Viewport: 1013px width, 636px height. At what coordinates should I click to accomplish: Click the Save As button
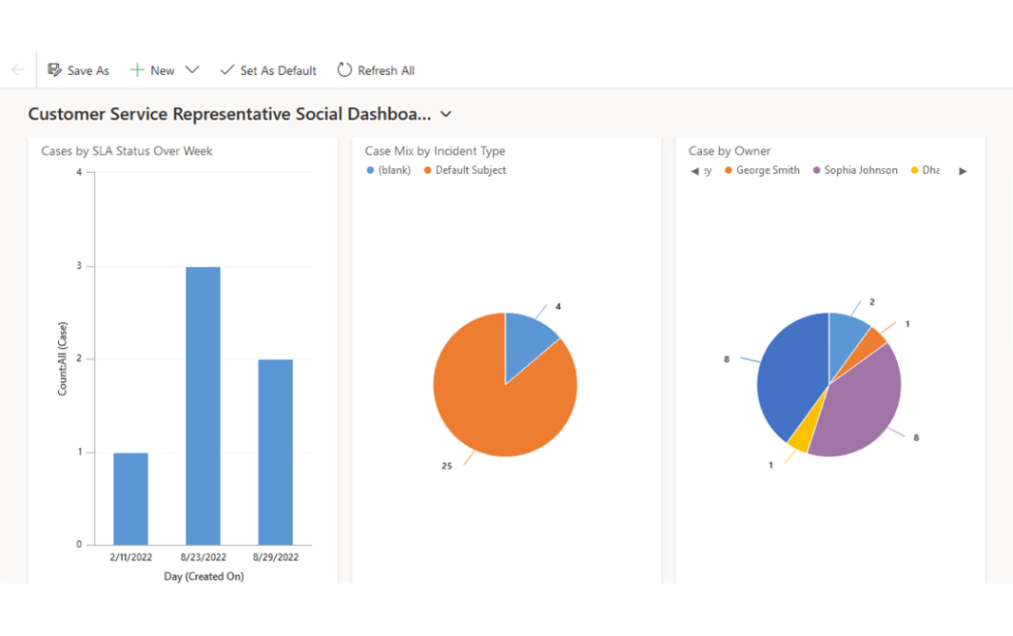(78, 70)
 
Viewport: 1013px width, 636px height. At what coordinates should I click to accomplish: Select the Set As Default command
(268, 70)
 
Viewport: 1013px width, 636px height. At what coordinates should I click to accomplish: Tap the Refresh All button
(376, 70)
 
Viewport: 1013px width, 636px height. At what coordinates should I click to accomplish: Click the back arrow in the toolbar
(18, 70)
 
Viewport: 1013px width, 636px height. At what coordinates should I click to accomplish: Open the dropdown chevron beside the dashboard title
(446, 114)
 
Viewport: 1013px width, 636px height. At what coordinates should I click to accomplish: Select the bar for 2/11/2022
(130, 498)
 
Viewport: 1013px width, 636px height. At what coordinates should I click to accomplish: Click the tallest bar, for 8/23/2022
(203, 405)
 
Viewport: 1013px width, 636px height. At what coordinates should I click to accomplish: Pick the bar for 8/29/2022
(275, 452)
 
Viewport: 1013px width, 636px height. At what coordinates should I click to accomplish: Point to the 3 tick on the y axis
(79, 266)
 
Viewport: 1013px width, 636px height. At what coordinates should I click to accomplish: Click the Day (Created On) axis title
(203, 576)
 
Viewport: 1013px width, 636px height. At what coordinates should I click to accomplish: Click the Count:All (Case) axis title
(63, 358)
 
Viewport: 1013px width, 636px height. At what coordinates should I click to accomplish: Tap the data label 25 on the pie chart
(447, 466)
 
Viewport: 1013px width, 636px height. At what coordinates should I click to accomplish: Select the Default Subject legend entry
(470, 170)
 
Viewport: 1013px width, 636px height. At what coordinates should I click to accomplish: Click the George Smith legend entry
(767, 170)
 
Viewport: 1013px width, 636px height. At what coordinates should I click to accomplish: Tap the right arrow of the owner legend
(963, 171)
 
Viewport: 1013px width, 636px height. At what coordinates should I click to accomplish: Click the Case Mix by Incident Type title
(435, 150)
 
